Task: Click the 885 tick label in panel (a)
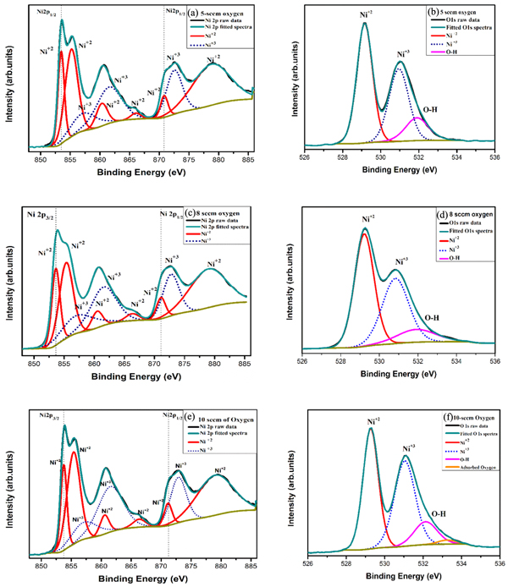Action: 250,158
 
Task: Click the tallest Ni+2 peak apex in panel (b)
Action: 364,24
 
